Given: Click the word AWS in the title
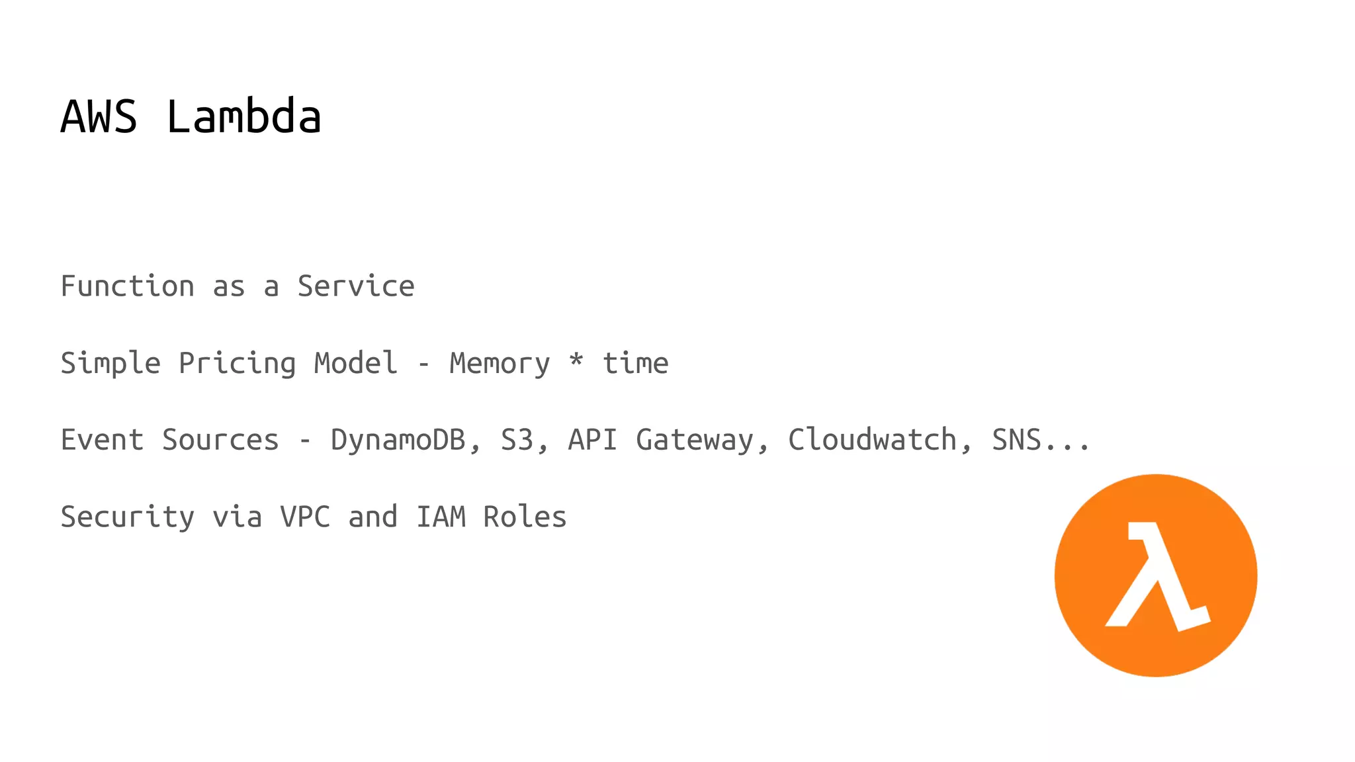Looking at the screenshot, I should pos(99,116).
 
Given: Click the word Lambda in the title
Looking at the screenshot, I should pos(243,116).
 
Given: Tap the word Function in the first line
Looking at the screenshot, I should pos(128,286).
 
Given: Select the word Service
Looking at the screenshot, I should pos(356,286).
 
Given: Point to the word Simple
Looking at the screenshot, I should pos(110,364).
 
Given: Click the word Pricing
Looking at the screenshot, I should pos(237,364).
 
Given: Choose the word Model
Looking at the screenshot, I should pos(356,363).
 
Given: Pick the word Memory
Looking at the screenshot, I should pos(500,363).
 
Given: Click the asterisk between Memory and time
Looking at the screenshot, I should pos(576,360).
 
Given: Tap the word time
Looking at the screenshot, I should pos(635,363).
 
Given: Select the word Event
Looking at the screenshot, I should pos(102,440).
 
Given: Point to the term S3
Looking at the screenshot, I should pos(517,440).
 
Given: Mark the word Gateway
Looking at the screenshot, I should pos(695,441).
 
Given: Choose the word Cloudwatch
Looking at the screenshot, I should pos(872,440).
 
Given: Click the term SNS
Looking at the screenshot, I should pos(1016,440).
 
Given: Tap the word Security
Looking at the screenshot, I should pos(128,517).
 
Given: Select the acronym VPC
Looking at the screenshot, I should pos(305,517).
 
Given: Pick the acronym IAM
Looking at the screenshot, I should pos(441,517).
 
